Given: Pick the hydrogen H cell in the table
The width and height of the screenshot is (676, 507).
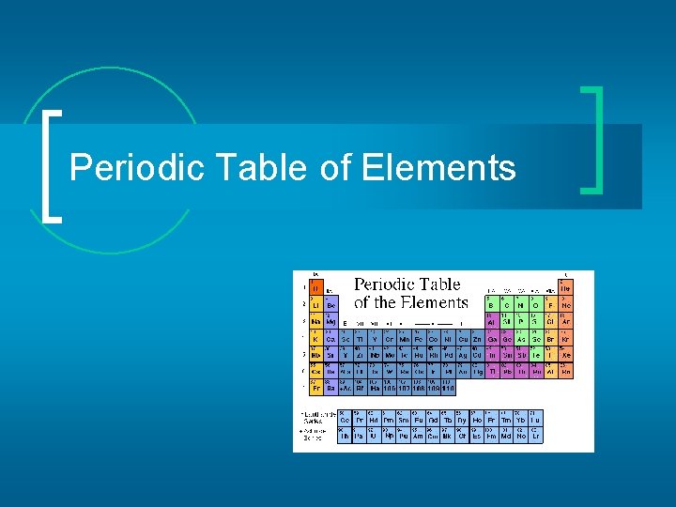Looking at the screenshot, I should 316,287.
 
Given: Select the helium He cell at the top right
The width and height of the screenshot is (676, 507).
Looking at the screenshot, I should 566,287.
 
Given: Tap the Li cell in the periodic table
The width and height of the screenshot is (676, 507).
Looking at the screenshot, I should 316,304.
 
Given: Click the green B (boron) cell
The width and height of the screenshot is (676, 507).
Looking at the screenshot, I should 491,304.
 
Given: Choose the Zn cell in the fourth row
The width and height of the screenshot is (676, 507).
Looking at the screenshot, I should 477,338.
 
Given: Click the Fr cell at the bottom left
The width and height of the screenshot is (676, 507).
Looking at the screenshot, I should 316,388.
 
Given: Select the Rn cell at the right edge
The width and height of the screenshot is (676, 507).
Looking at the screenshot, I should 566,371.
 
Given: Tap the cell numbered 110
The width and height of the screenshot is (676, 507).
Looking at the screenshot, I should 448,388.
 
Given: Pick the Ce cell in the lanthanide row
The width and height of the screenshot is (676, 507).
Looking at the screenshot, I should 346,419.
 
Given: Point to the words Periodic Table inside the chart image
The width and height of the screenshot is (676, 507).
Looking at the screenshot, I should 407,284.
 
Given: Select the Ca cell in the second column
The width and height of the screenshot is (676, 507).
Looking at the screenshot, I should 330,338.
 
